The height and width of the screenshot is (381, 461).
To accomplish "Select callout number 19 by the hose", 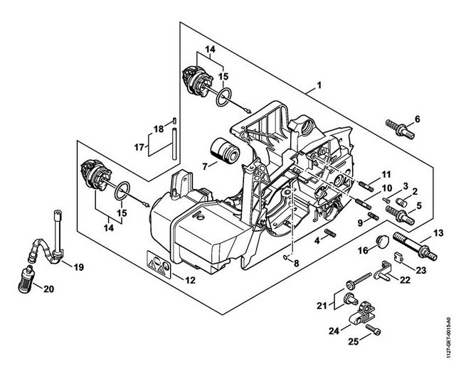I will (x=78, y=267).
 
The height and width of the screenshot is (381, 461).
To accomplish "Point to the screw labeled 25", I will (x=375, y=331).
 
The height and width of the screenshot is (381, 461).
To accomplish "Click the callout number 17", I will (x=139, y=148).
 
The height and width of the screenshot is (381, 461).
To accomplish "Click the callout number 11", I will (x=385, y=175).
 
